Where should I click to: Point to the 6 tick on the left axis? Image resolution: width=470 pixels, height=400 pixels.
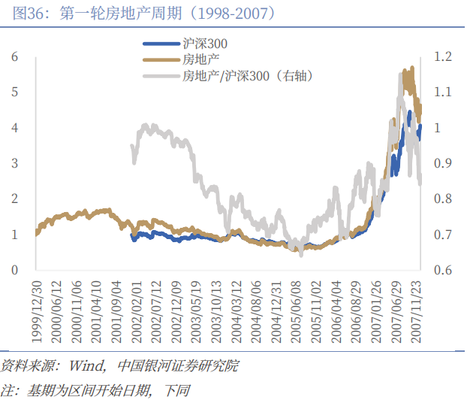[15, 57]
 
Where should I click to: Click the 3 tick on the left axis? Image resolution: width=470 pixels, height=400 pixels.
[15, 163]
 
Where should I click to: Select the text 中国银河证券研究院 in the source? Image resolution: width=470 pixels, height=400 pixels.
[178, 366]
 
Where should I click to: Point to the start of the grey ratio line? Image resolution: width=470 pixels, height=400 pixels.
[132, 146]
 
